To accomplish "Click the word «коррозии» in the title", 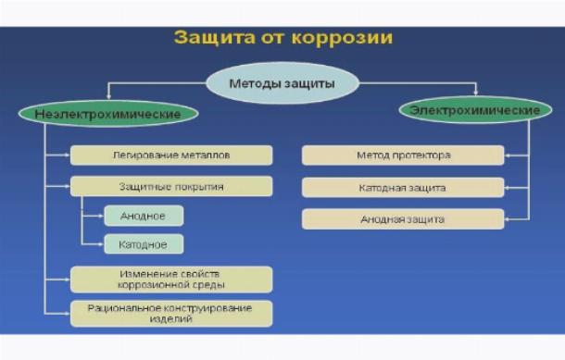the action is (342, 38).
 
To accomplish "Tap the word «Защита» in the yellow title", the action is (214, 37).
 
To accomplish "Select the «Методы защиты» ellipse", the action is (282, 83).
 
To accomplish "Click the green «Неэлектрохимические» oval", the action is (108, 114).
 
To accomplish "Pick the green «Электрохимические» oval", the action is (475, 110).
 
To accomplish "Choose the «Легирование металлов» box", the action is (171, 155).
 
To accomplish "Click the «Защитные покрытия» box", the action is (171, 187).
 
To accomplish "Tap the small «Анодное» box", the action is (144, 216).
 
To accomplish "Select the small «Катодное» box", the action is (144, 244).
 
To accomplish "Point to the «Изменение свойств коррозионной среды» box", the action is (171, 279).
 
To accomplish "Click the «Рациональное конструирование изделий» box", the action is (171, 314).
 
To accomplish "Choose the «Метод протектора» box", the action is (403, 155).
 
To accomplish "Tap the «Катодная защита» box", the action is (403, 188).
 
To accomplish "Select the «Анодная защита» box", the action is (403, 219).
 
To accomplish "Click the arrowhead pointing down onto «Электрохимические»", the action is (476, 93).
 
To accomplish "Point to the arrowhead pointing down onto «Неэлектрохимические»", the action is (108, 96).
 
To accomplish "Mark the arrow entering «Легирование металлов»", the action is (57, 155).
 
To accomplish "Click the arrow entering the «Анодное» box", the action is (94, 216).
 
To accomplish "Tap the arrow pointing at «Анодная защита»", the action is (517, 219).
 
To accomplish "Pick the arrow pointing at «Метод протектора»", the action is (517, 155).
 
